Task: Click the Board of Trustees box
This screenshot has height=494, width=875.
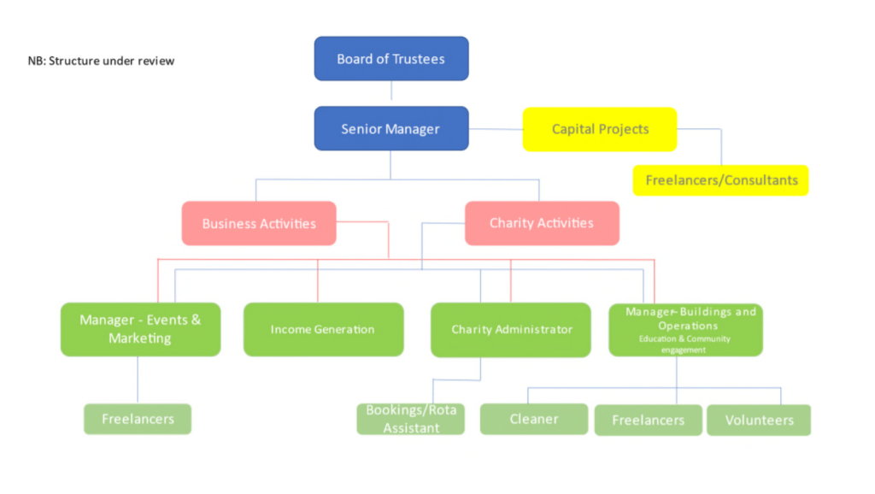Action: tap(391, 59)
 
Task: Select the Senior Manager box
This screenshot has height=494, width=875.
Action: tap(391, 129)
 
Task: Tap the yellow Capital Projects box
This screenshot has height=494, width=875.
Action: tap(599, 129)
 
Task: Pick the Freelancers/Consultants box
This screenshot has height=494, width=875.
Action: tap(720, 180)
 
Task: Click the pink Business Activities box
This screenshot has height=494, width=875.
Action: tap(258, 223)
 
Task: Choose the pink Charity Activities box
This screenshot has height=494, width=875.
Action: tap(541, 223)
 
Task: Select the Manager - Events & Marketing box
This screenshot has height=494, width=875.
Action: tap(140, 329)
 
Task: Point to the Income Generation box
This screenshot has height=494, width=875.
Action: tap(323, 329)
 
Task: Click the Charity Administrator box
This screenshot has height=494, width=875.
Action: tap(510, 329)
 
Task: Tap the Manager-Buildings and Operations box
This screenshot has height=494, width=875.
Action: tap(685, 318)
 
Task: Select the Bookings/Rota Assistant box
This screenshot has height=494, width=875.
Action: tap(411, 419)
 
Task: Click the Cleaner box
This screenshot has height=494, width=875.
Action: tap(534, 419)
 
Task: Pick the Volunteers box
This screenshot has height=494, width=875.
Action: tap(759, 420)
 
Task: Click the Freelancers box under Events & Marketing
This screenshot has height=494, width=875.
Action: tap(138, 419)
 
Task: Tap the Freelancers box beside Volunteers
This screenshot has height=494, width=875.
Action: tap(649, 420)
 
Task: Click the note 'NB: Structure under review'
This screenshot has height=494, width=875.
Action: tap(101, 61)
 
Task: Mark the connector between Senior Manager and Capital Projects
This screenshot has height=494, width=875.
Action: tap(496, 130)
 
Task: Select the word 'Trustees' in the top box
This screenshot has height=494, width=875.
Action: tap(419, 59)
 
